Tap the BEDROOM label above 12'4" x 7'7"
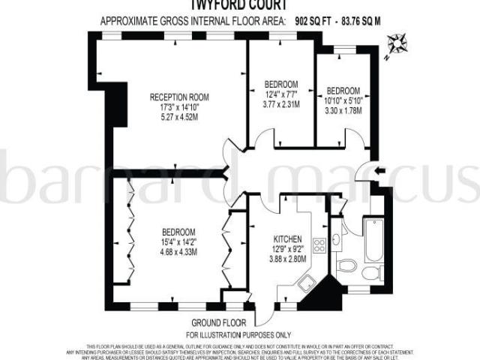tap(281, 83)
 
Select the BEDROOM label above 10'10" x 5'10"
tap(343, 90)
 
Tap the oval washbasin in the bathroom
tap(346, 266)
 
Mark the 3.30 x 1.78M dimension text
tap(343, 109)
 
